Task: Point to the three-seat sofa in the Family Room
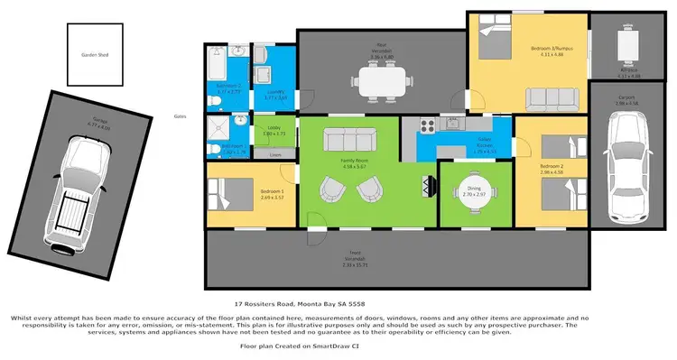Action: click(x=349, y=142)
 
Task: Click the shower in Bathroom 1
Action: click(x=217, y=126)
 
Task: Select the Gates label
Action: click(x=181, y=116)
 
